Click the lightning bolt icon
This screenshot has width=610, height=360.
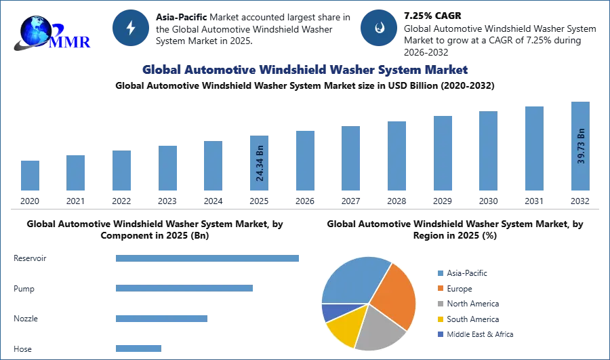[131, 28]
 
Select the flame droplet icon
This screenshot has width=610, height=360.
[379, 28]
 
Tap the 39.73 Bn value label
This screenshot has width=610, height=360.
[581, 145]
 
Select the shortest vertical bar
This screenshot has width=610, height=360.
[30, 176]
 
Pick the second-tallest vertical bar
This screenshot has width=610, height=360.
[533, 148]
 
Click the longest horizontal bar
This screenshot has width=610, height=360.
[208, 260]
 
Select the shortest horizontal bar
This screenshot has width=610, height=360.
[138, 347]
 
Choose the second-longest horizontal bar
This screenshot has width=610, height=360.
[184, 287]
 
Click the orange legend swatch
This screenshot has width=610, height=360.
[440, 287]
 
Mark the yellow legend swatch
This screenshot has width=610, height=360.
[440, 319]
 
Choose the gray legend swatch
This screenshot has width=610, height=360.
[440, 304]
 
